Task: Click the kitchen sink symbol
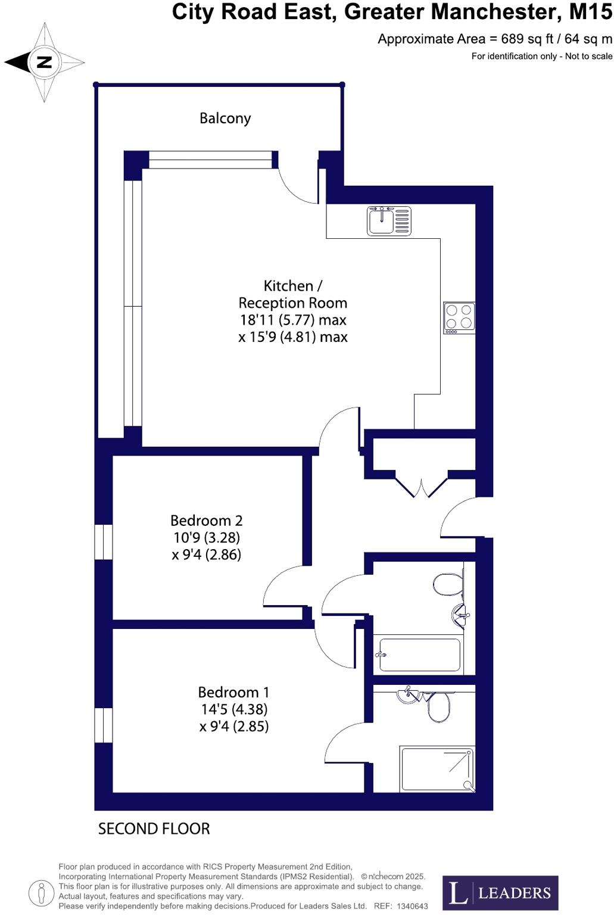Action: coord(389,221)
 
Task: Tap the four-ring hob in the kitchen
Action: coord(459,317)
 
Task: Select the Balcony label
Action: coord(225,118)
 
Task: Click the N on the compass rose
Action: coord(44,62)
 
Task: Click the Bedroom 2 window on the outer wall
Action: coord(104,541)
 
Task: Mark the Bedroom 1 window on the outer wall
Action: coord(104,725)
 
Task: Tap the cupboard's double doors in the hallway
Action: coord(422,486)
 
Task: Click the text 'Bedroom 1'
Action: coord(233,692)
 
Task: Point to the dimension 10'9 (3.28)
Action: coord(207,537)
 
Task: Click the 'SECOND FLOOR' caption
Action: coord(154,828)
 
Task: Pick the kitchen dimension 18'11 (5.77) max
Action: coord(293,320)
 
